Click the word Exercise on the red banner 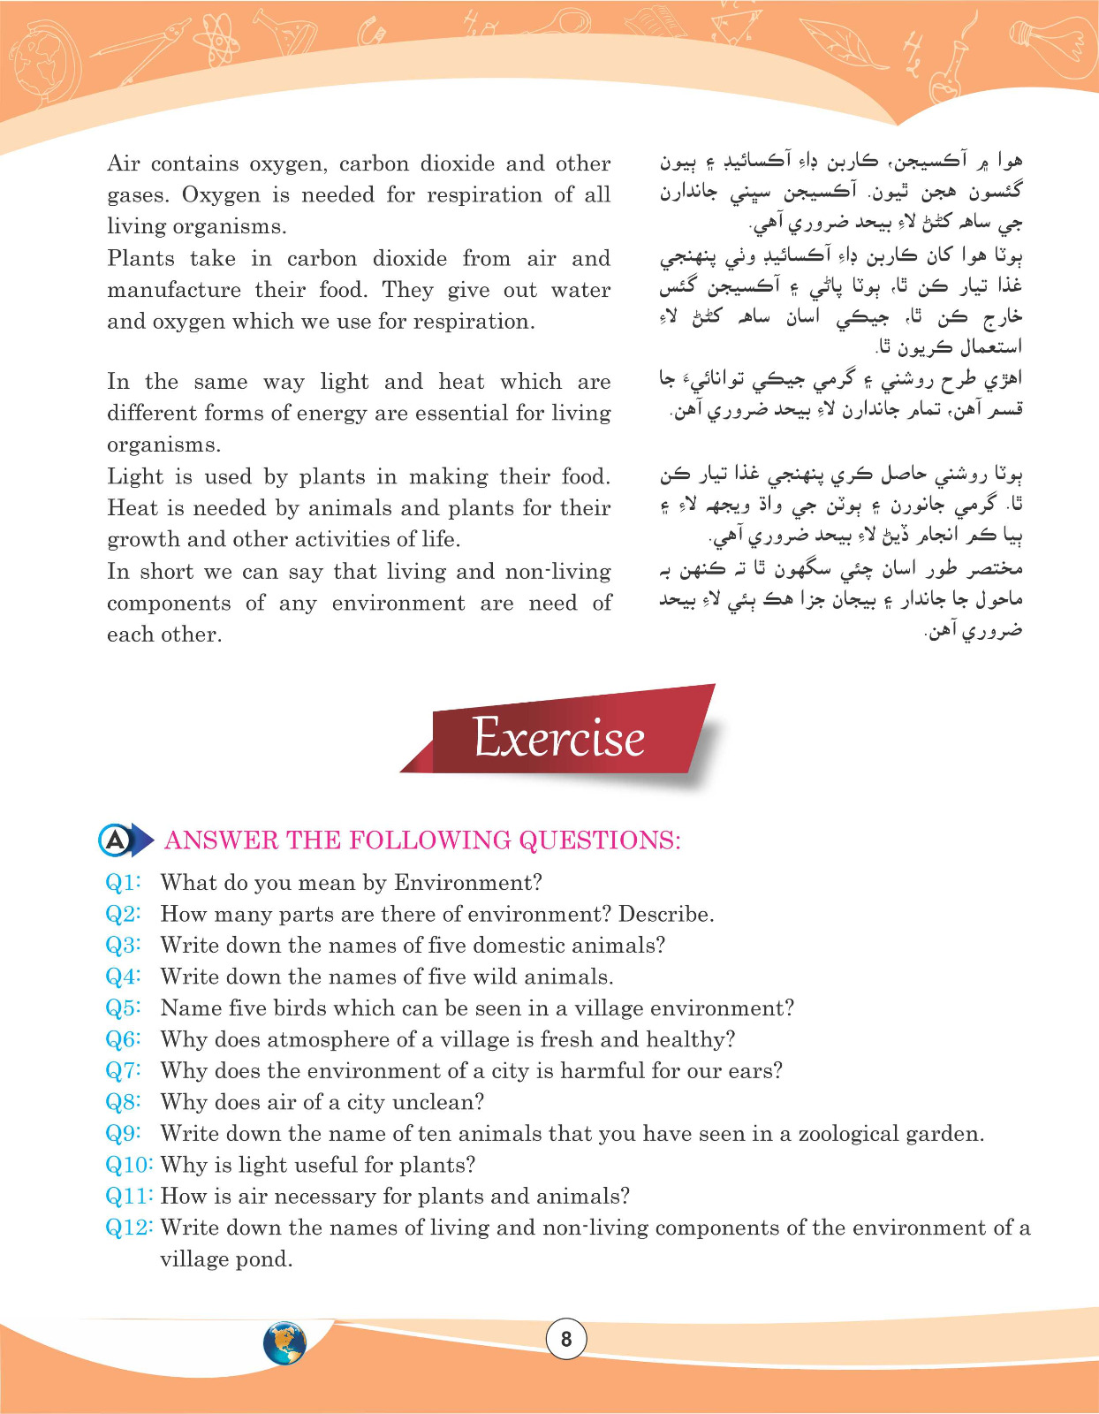click(x=559, y=737)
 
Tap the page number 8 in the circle click(x=566, y=1339)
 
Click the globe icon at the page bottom click(x=284, y=1343)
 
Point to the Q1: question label click(x=124, y=882)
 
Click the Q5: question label click(x=124, y=1007)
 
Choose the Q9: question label click(x=124, y=1133)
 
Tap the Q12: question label click(x=129, y=1227)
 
